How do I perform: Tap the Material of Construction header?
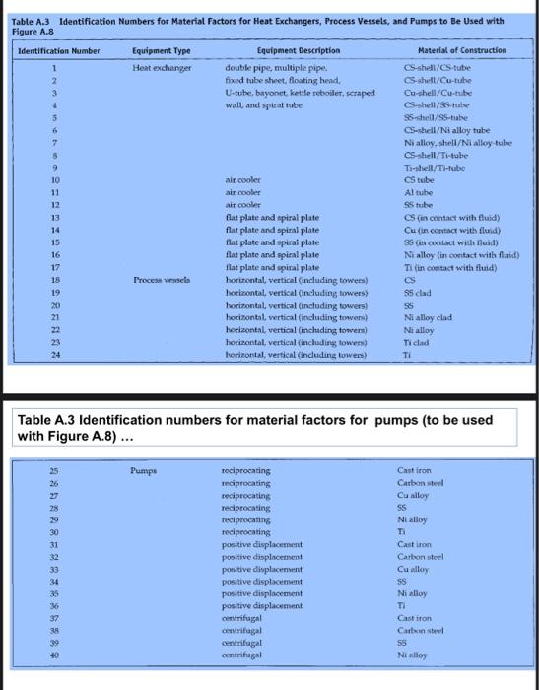(x=461, y=49)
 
